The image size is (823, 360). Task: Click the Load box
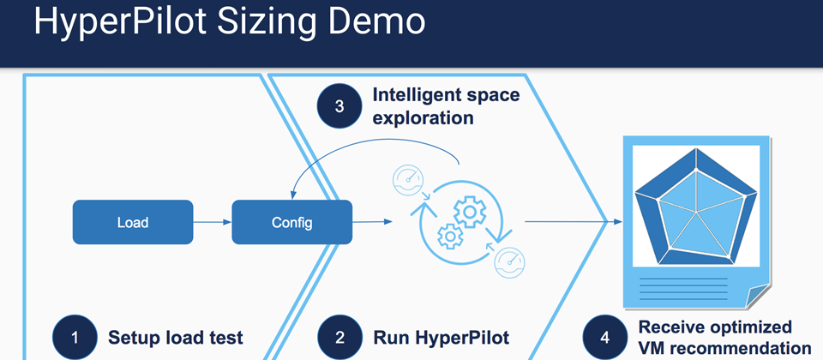pyautogui.click(x=133, y=222)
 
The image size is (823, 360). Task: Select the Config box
pyautogui.click(x=291, y=222)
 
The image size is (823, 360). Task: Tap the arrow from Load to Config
pyautogui.click(x=212, y=222)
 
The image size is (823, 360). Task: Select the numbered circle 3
pyautogui.click(x=339, y=106)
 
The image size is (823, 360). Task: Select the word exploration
pyautogui.click(x=423, y=117)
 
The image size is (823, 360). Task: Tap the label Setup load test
pyautogui.click(x=176, y=338)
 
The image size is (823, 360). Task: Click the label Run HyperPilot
pyautogui.click(x=441, y=338)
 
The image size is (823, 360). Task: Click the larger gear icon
pyautogui.click(x=470, y=210)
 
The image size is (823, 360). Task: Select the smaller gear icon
pyautogui.click(x=449, y=237)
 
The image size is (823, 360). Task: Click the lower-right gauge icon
pyautogui.click(x=510, y=261)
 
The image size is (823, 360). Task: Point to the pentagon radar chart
pyautogui.click(x=696, y=207)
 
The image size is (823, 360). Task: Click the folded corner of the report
pyautogui.click(x=758, y=296)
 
